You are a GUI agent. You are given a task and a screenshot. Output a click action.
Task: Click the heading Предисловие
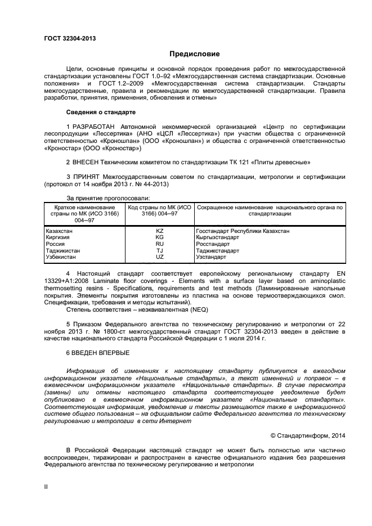click(x=195, y=54)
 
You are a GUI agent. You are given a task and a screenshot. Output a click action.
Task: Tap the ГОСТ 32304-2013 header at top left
click(x=70, y=38)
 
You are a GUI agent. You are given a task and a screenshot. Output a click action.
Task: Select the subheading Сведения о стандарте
click(x=101, y=112)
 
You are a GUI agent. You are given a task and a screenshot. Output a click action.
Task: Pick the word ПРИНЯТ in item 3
click(x=89, y=177)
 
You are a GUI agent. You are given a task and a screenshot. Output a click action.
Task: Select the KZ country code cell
click(x=159, y=231)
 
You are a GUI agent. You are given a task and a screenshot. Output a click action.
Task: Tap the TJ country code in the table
click(x=159, y=250)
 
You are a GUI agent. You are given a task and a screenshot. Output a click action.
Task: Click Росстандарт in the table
click(x=213, y=244)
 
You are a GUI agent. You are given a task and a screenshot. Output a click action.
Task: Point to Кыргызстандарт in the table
click(x=217, y=237)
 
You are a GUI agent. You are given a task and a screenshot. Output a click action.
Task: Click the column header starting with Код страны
click(x=159, y=210)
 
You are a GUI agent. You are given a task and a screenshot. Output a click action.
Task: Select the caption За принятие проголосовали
click(x=107, y=198)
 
